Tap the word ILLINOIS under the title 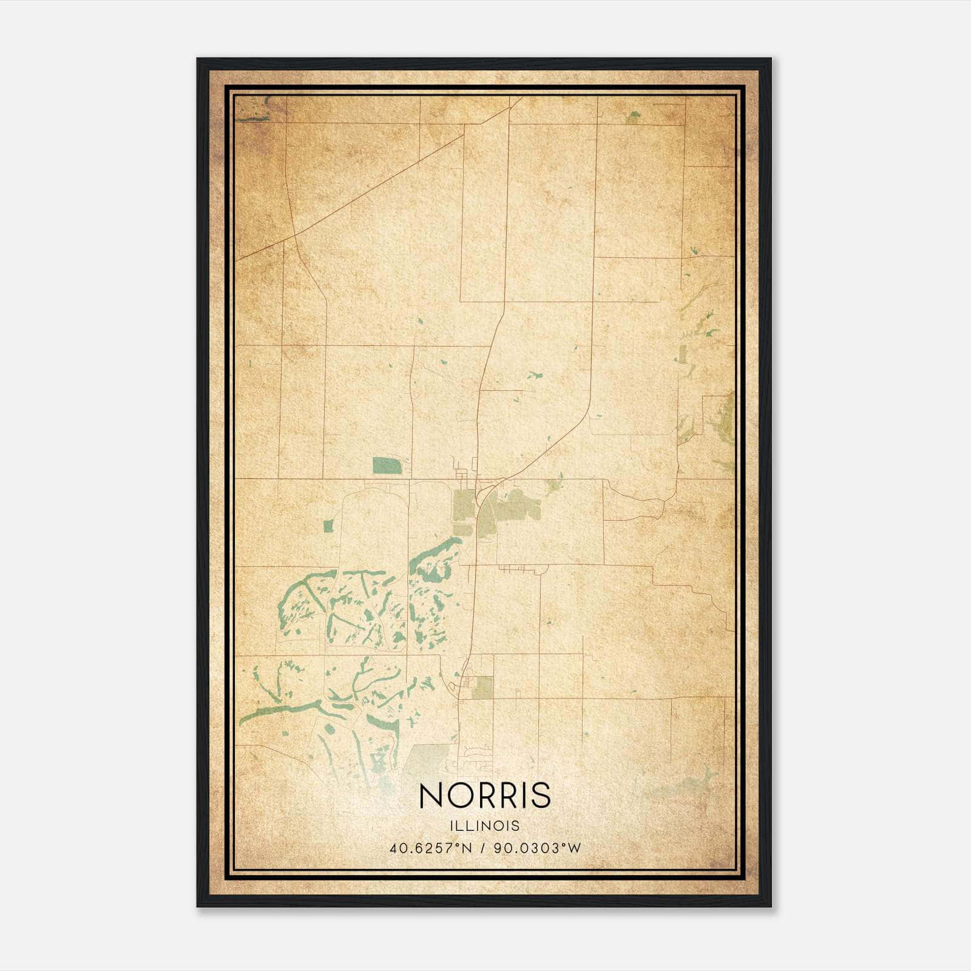(x=485, y=826)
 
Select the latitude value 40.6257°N (x=431, y=848)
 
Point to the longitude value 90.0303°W (x=538, y=848)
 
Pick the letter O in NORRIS (x=462, y=796)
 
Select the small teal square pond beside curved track (x=328, y=526)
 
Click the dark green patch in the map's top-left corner (x=250, y=110)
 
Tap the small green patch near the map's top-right (x=633, y=117)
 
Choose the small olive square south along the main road (x=484, y=687)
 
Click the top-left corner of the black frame (x=198, y=59)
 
